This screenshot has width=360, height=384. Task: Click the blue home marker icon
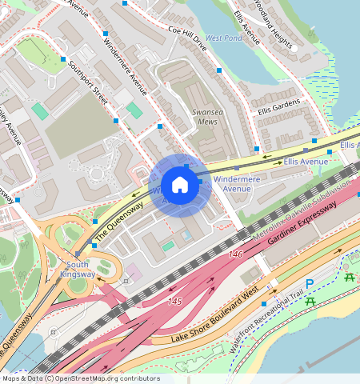click(x=180, y=186)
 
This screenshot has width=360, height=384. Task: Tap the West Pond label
click(x=223, y=38)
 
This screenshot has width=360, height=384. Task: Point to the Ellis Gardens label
click(x=278, y=106)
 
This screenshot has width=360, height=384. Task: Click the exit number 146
click(x=235, y=254)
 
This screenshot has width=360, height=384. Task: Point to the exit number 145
click(x=175, y=302)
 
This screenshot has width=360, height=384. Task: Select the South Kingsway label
click(x=80, y=270)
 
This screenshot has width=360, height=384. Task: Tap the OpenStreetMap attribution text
click(x=80, y=378)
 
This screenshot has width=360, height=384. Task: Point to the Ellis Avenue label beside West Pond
click(x=246, y=26)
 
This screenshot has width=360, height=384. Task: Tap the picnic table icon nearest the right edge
click(x=350, y=277)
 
